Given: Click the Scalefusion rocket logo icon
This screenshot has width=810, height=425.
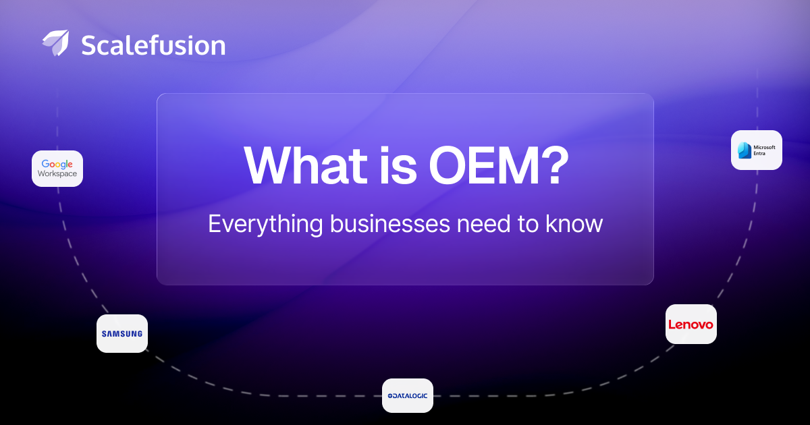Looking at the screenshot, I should [x=55, y=43].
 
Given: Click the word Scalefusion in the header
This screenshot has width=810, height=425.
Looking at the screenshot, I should [x=153, y=45].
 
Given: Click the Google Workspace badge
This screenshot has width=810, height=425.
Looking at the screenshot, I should [x=57, y=169].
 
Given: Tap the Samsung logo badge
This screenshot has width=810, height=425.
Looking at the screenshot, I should [x=122, y=333].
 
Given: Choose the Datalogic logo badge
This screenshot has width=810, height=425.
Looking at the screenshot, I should [x=408, y=395].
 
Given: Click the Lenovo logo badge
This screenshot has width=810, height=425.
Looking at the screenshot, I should [x=691, y=324].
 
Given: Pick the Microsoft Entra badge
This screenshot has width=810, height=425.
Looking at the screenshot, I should [x=757, y=150].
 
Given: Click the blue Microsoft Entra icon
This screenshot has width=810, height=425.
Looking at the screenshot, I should [x=745, y=150].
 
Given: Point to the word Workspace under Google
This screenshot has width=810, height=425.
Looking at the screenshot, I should [x=57, y=174].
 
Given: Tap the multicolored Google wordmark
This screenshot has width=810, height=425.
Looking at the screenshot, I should [x=57, y=164].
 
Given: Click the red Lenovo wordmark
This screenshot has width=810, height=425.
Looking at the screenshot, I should [x=691, y=324].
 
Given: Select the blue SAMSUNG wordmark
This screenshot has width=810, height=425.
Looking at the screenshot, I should [x=122, y=333].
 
